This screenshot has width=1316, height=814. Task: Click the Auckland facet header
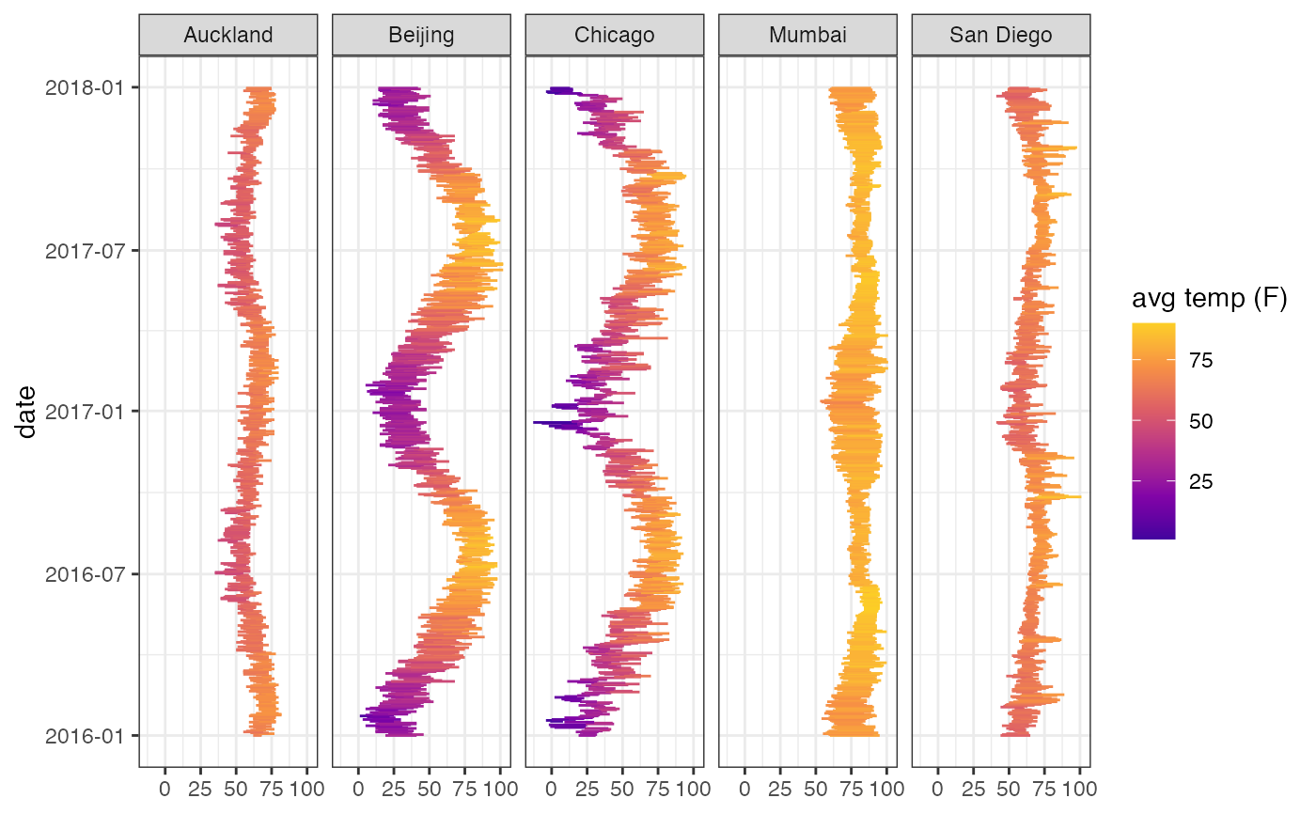tap(228, 36)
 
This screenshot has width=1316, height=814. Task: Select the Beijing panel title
tap(421, 36)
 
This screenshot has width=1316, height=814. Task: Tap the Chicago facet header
tap(615, 36)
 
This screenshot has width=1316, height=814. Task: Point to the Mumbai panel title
tap(807, 36)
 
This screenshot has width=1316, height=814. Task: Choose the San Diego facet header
tap(1001, 36)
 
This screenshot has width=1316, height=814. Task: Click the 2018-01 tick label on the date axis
tap(87, 87)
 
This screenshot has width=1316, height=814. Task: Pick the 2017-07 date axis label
tap(87, 250)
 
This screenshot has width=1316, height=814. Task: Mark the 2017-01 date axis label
tap(87, 411)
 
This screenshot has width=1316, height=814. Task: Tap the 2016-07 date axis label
tap(87, 573)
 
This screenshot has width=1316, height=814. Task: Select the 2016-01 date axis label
tap(87, 735)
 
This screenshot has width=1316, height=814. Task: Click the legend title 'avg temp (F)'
tap(1209, 300)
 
